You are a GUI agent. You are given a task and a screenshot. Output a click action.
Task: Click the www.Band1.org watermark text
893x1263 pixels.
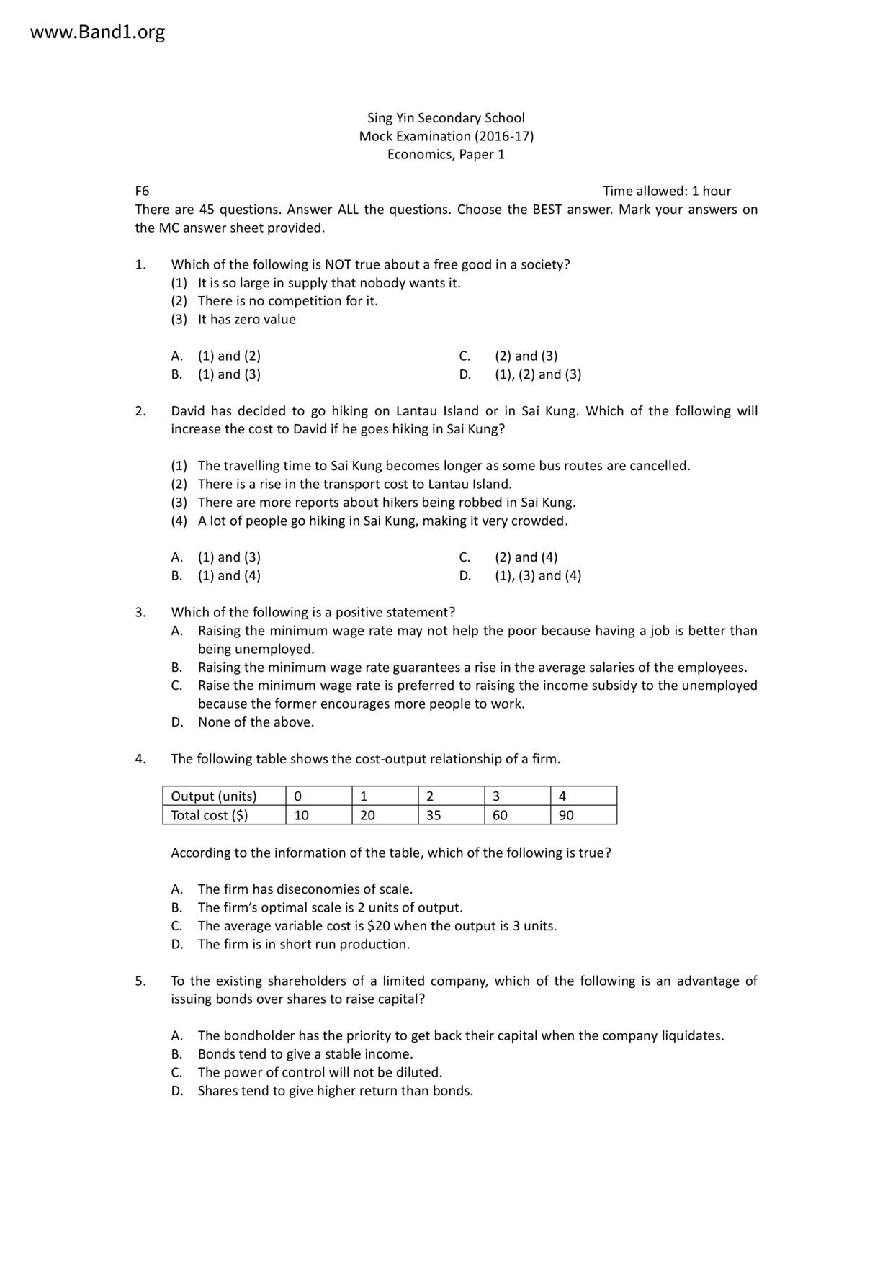98,32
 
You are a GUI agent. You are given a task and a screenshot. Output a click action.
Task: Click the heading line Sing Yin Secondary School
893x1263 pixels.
446,118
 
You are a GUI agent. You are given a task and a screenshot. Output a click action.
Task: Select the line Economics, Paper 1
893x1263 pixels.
446,155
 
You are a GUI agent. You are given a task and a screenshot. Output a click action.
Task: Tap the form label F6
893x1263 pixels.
142,192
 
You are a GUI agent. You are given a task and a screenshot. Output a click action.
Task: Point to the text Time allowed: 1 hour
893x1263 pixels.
666,192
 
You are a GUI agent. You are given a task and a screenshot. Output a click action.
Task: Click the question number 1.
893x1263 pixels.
140,265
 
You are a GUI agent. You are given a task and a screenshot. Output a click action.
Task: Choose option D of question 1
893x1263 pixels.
537,374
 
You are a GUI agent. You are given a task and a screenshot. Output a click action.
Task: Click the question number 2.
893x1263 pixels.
140,411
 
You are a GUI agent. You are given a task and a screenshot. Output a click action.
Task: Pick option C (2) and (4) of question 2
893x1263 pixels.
526,557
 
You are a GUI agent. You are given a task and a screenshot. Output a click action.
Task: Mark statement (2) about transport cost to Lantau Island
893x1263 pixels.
354,485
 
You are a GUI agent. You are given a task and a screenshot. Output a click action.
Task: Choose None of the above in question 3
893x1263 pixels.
256,722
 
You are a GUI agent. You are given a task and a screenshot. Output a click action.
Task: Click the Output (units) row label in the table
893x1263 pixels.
214,796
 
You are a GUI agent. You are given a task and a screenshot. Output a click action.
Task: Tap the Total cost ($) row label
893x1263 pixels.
210,815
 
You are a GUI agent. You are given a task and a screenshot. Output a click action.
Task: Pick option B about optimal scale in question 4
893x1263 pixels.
330,908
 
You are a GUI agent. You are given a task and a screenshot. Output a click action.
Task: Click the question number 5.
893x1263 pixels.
140,981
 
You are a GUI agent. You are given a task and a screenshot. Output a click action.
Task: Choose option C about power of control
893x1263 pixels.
320,1073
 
